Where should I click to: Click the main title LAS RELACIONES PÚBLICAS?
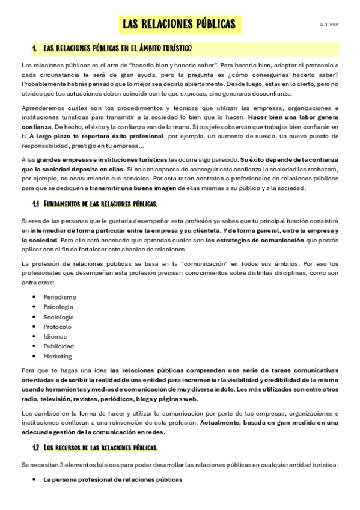click(x=178, y=25)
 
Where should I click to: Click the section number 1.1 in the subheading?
click(x=36, y=204)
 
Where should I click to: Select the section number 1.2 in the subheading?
click(x=36, y=447)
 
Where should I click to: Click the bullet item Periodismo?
click(x=59, y=297)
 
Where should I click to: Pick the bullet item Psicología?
click(x=58, y=307)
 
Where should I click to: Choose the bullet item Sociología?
click(x=58, y=317)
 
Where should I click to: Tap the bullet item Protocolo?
click(x=57, y=327)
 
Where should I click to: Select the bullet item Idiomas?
click(x=55, y=336)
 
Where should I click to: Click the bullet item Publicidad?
click(x=58, y=346)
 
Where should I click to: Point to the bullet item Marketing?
click(x=57, y=356)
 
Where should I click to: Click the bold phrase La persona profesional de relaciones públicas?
click(x=112, y=479)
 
